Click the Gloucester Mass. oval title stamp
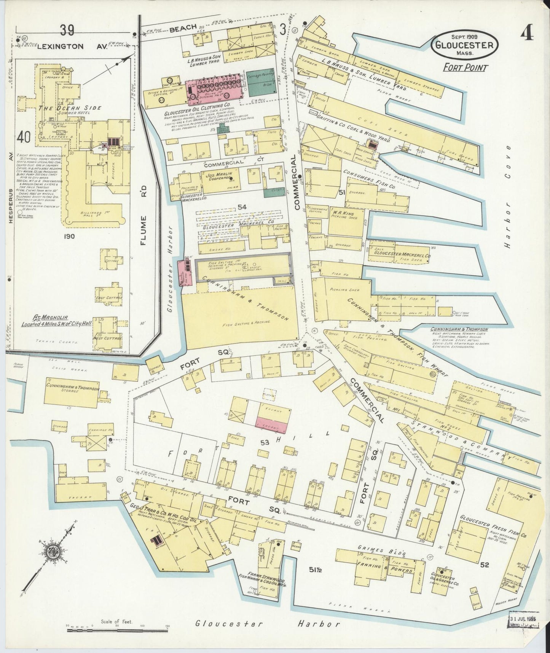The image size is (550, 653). (x=464, y=45)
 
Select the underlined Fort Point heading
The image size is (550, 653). (x=466, y=68)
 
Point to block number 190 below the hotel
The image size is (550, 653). (x=70, y=236)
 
